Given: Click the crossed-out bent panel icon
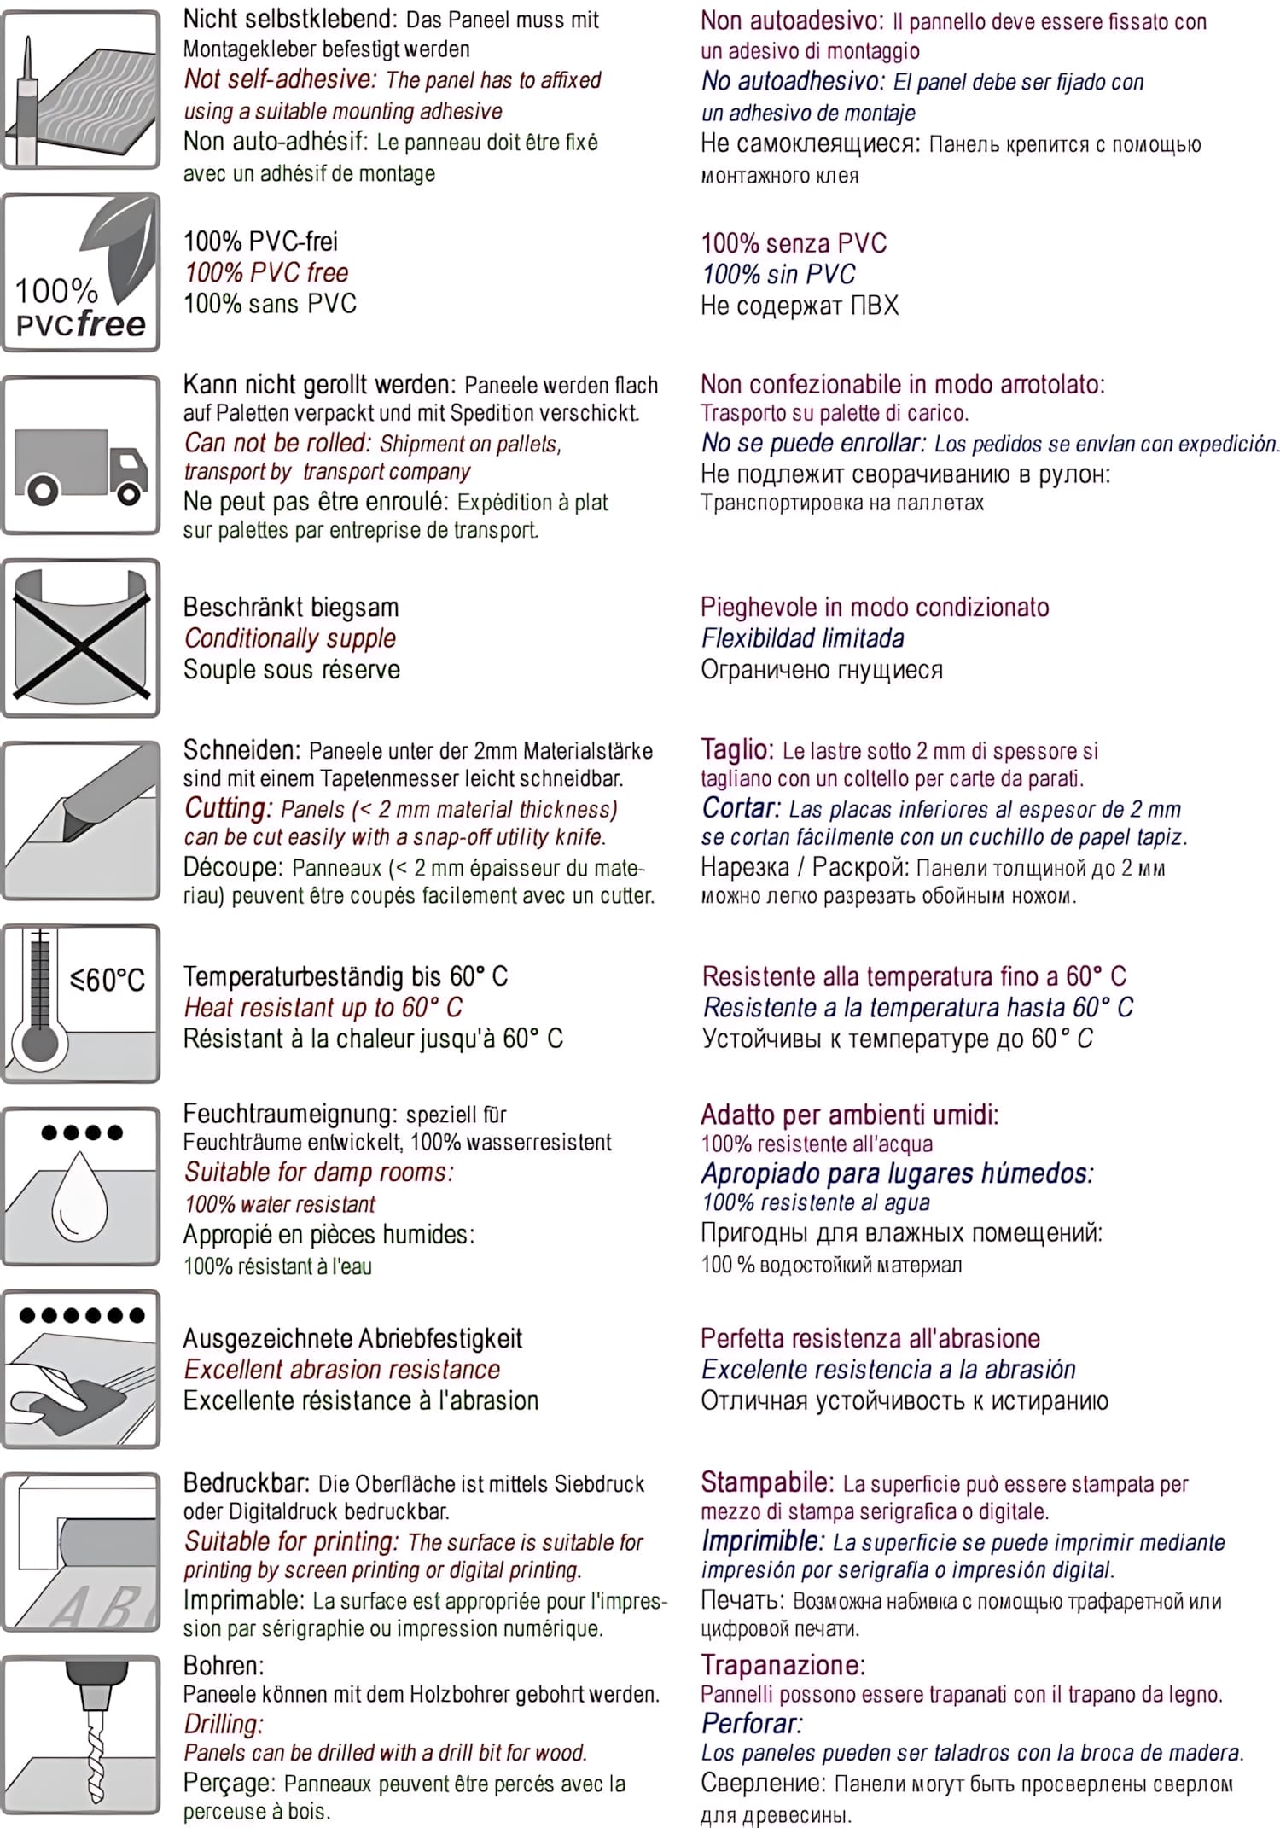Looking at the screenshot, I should (x=81, y=638).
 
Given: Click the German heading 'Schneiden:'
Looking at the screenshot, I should (x=241, y=751).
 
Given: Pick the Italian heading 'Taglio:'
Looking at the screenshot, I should (x=736, y=750).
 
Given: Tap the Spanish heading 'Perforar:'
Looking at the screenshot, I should (x=752, y=1723).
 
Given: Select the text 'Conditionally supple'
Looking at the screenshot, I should (x=290, y=638).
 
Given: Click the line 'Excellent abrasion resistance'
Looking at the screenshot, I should (x=342, y=1370).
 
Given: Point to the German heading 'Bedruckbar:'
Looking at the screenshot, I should (x=247, y=1483).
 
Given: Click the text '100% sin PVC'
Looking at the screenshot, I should (x=778, y=275).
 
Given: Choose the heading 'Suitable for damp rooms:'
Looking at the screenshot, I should (x=318, y=1173).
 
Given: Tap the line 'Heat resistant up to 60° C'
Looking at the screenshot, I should (x=323, y=1008).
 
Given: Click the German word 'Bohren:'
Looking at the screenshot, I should (x=224, y=1665).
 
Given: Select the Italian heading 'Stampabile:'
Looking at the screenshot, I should (x=766, y=1482).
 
